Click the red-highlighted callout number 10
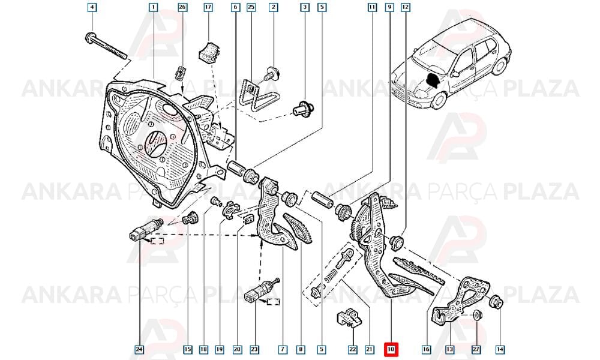(391, 349)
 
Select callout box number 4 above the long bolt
(92, 7)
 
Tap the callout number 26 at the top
(182, 7)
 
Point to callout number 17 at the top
(208, 7)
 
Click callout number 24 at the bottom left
(139, 349)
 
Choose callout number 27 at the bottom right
(477, 349)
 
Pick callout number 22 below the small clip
(352, 349)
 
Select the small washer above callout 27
(476, 315)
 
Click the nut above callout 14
(497, 302)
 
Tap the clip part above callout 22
(349, 318)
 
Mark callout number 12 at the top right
(405, 7)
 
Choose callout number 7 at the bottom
(283, 349)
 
